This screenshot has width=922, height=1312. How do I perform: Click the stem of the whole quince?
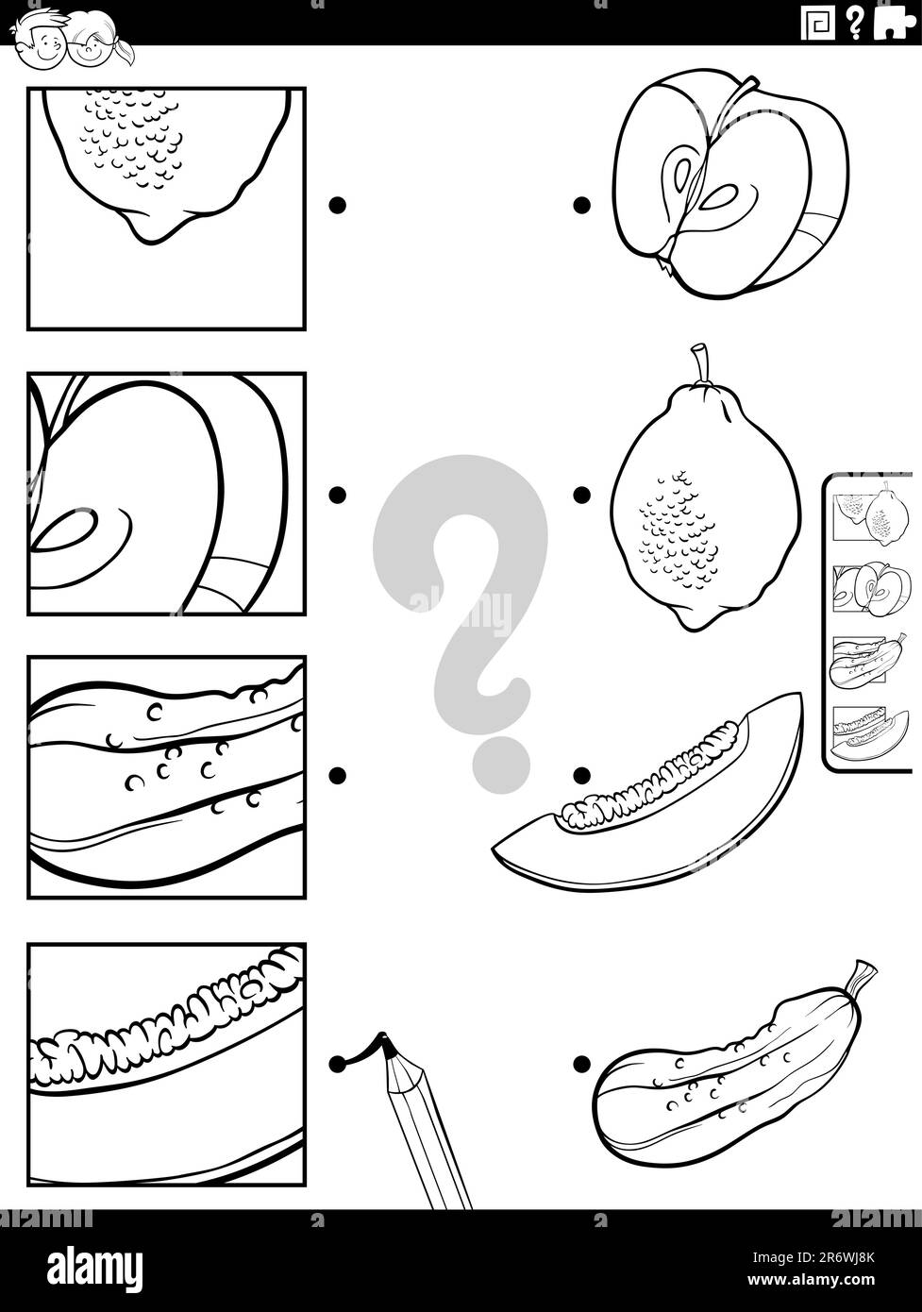(699, 363)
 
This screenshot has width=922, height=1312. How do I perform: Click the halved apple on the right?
(729, 184)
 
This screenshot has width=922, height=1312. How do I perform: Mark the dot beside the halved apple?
(582, 204)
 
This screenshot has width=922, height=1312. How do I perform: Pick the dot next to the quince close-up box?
(337, 205)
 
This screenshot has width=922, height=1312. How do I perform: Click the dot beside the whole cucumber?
(582, 1065)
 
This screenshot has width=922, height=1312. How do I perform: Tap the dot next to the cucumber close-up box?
(337, 775)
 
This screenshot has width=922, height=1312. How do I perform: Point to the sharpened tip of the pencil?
(384, 1042)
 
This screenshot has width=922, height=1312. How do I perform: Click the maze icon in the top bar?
(817, 24)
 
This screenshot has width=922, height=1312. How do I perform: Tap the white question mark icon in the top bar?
(854, 24)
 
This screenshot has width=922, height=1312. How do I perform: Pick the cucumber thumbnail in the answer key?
(868, 662)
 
